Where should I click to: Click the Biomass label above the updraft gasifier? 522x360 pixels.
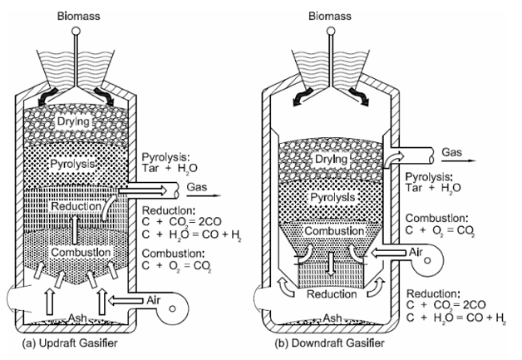click(79, 16)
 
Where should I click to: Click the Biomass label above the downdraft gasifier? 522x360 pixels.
click(330, 16)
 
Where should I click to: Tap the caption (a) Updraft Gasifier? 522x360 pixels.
click(70, 343)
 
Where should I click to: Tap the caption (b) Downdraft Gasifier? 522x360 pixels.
click(329, 343)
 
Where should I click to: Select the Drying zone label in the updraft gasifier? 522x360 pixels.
click(73, 121)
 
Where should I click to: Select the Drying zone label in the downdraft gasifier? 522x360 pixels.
click(331, 159)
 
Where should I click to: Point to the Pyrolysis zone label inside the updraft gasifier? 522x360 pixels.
click(72, 164)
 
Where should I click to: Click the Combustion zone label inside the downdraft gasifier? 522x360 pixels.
click(334, 231)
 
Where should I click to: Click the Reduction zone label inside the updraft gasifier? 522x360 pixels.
click(76, 206)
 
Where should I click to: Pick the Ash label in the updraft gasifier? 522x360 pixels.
click(77, 318)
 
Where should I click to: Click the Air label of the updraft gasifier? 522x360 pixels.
click(153, 300)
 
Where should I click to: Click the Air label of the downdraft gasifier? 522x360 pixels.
click(416, 252)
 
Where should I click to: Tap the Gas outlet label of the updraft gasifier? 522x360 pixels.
click(197, 187)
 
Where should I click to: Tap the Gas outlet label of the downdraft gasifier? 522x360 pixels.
click(451, 152)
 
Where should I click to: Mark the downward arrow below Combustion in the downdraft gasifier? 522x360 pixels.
click(330, 263)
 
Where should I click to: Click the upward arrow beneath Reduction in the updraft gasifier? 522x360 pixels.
click(75, 229)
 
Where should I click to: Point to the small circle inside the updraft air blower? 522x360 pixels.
click(172, 308)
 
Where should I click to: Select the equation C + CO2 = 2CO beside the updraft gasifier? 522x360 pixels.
click(182, 222)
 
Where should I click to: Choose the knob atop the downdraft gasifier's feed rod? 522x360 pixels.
click(331, 31)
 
